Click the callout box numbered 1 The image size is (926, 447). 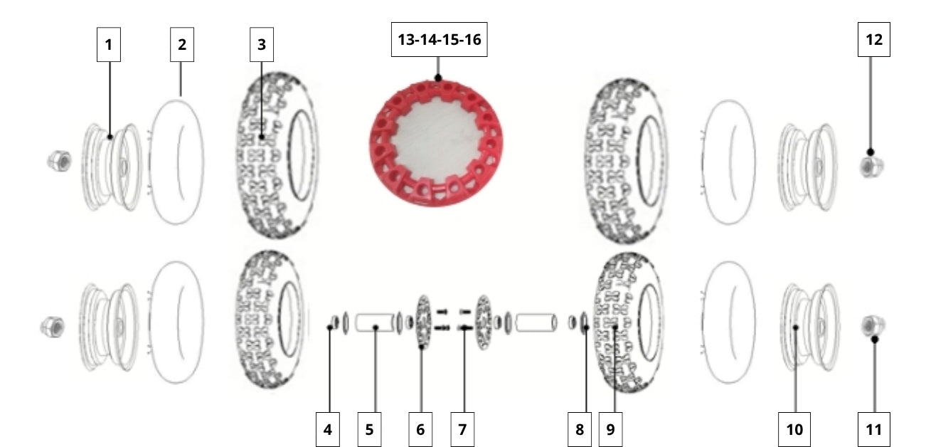click(109, 45)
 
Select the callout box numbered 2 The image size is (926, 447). click(182, 45)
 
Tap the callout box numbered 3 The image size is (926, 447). click(261, 45)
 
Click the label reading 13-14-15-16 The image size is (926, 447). click(439, 39)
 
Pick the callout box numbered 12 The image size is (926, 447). click(874, 39)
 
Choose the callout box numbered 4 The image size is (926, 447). click(328, 430)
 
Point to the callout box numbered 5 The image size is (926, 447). click(370, 430)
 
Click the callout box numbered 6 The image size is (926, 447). click(420, 430)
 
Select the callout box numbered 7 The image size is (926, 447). click(462, 430)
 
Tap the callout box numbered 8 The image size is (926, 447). click(580, 430)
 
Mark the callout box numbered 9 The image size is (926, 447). click(611, 430)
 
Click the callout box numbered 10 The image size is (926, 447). click(794, 430)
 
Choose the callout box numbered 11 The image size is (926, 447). click(874, 430)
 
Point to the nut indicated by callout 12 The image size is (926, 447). click(871, 167)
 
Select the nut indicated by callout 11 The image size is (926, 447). click(873, 326)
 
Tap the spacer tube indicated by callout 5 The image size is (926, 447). click(375, 323)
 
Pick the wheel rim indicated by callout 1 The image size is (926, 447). click(112, 167)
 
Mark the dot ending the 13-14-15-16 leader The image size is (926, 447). click(438, 78)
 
